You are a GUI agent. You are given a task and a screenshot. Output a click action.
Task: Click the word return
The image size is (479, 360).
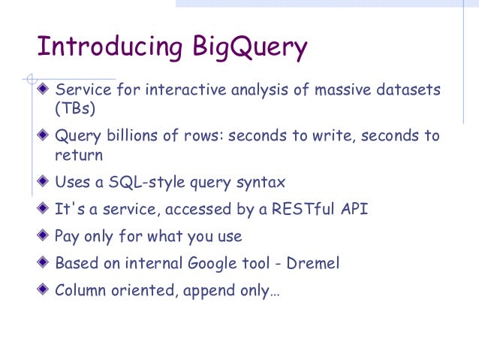tap(78, 156)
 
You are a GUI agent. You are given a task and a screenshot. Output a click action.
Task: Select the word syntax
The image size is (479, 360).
tap(263, 183)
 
